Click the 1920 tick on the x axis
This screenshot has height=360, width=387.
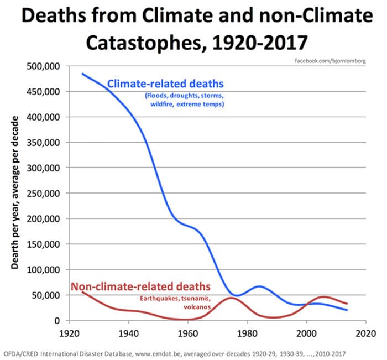tap(69, 333)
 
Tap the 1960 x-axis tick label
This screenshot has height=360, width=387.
tap(188, 333)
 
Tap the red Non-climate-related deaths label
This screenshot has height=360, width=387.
tap(141, 286)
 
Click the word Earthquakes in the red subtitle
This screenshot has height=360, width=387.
tap(158, 298)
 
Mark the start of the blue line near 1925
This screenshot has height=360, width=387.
tap(82, 74)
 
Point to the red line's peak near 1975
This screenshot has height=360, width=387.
tap(232, 298)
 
